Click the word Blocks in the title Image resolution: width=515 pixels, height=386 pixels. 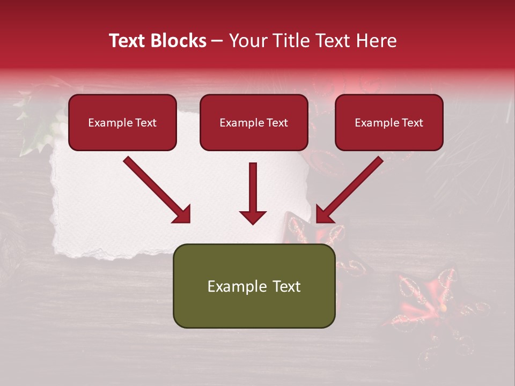click(179, 41)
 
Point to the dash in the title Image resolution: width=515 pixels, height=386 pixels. click(218, 41)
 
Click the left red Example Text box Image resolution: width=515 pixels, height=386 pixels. click(122, 123)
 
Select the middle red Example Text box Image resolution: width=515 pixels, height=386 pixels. click(254, 123)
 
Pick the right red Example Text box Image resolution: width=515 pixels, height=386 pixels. click(389, 123)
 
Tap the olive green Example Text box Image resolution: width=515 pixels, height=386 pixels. click(254, 286)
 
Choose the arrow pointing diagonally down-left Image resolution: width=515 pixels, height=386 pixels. click(349, 190)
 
